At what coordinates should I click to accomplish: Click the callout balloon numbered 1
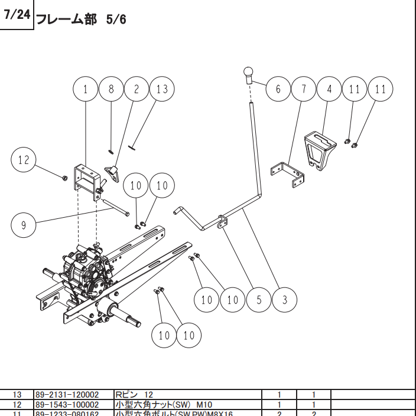click(x=86, y=89)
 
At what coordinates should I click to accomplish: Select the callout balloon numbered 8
click(x=111, y=89)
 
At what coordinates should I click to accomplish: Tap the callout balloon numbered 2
click(x=136, y=89)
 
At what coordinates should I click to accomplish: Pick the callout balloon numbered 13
click(x=162, y=89)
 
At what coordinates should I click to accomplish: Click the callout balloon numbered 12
click(x=24, y=160)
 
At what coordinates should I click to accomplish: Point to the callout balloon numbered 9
click(x=24, y=225)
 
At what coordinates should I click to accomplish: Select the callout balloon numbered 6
click(x=278, y=90)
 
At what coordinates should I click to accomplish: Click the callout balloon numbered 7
click(x=304, y=90)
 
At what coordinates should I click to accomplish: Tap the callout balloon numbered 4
click(x=329, y=90)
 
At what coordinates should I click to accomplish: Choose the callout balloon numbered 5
click(x=259, y=300)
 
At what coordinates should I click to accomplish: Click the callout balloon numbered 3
click(x=285, y=300)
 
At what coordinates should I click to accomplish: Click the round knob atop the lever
click(x=248, y=74)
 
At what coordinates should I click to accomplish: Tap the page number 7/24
click(x=17, y=15)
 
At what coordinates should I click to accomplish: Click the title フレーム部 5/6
click(x=81, y=19)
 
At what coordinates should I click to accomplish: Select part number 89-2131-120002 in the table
click(x=67, y=394)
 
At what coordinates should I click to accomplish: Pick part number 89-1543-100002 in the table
click(x=67, y=405)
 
